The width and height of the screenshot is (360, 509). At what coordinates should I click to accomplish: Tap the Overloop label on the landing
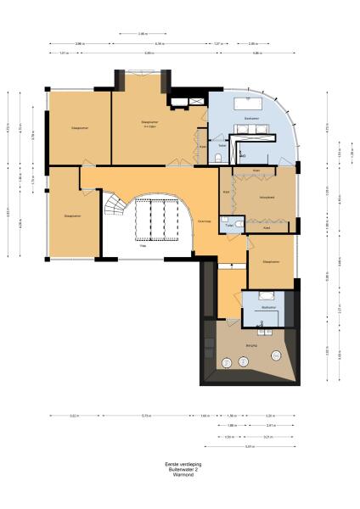(x=204, y=221)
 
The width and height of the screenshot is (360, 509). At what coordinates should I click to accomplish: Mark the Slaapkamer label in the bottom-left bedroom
(x=72, y=216)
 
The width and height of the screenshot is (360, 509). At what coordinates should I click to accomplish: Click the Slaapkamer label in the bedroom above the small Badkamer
(x=272, y=262)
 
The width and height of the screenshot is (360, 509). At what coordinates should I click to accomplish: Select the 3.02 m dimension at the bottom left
(x=74, y=416)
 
